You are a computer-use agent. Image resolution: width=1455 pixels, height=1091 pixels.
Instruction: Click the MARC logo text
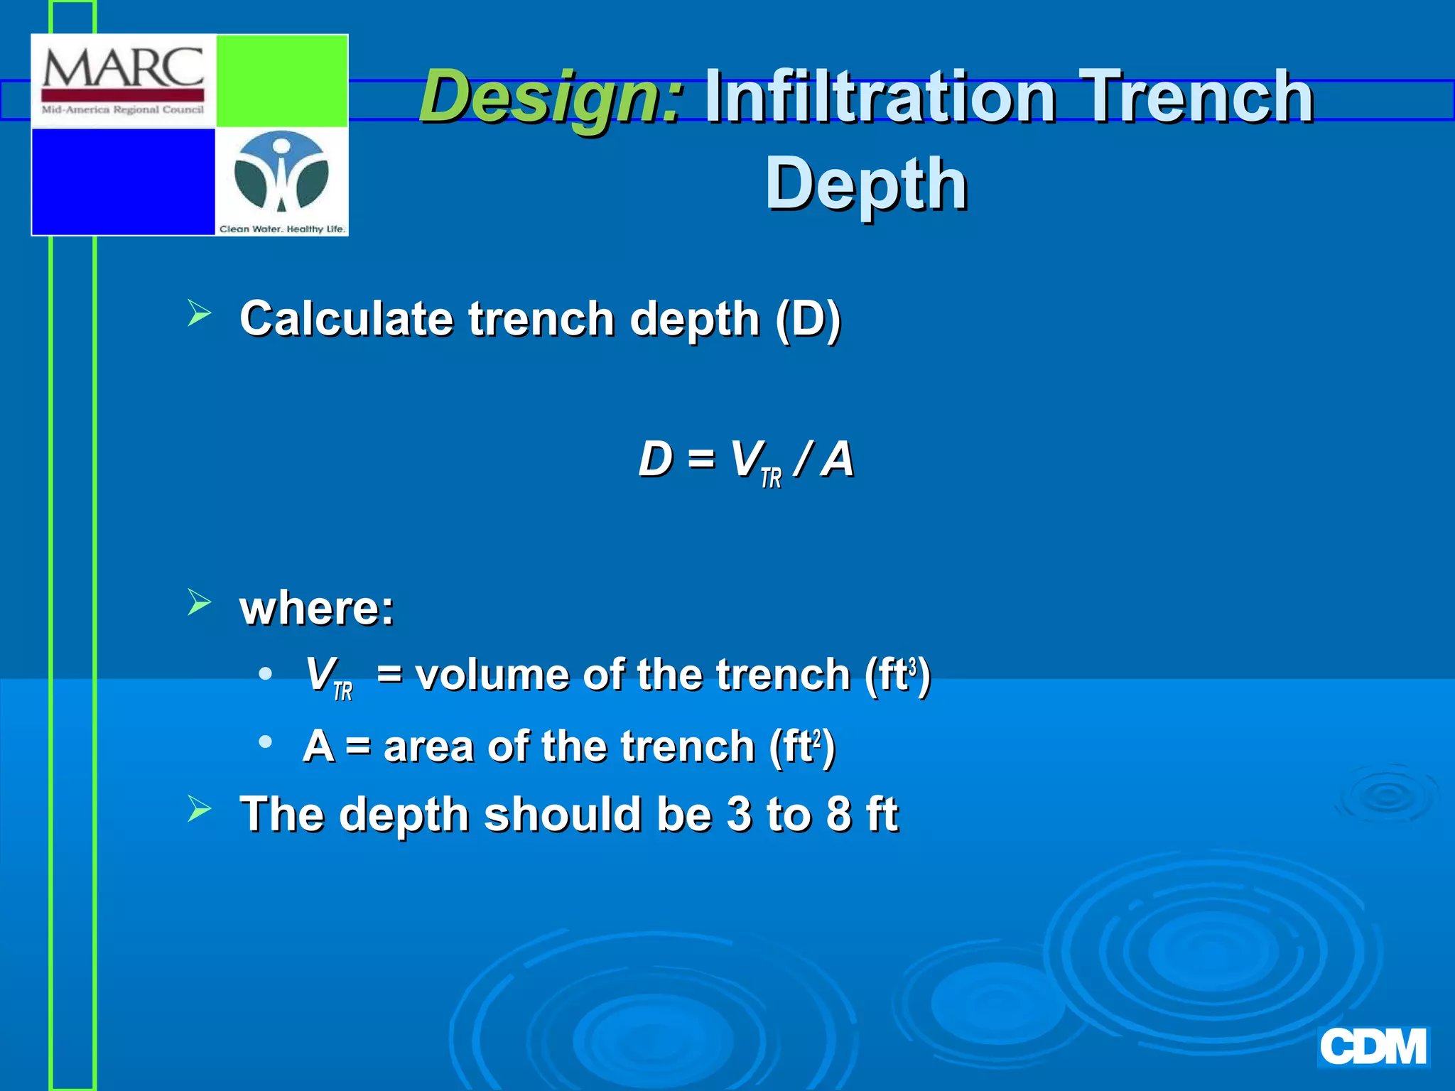coord(123,69)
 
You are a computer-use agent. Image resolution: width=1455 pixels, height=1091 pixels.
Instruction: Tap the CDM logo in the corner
coord(1373,1047)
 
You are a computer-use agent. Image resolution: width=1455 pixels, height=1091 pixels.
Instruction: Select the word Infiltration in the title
coord(880,97)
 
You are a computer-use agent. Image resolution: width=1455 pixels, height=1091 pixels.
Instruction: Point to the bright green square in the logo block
coord(281,81)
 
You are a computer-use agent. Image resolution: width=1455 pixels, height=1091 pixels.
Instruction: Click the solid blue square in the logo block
coord(123,181)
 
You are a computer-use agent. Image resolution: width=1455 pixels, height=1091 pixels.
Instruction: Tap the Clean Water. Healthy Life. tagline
coord(282,229)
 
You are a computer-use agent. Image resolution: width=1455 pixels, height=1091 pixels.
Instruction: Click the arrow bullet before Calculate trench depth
coord(200,313)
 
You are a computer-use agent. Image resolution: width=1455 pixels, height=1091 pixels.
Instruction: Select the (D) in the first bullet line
coord(808,319)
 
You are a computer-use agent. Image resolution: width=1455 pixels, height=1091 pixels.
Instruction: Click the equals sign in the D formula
coord(701,460)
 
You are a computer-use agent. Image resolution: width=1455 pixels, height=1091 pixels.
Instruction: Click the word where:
coord(317,609)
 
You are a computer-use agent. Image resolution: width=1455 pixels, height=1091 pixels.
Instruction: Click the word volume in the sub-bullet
coord(491,674)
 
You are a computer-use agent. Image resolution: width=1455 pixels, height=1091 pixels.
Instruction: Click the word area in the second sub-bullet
coord(428,747)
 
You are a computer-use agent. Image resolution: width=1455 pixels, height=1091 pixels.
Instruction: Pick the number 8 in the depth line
coord(839,814)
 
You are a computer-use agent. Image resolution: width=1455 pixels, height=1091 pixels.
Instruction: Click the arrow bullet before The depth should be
coord(200,809)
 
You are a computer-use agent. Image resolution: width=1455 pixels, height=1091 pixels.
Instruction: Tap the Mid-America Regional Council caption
coord(122,110)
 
